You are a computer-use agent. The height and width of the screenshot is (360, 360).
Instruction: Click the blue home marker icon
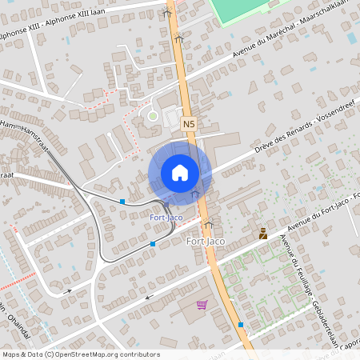pyautogui.click(x=180, y=172)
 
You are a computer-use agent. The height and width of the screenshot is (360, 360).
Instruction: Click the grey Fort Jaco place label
pyautogui.click(x=205, y=241)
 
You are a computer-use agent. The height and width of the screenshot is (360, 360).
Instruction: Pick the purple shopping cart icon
pyautogui.click(x=202, y=304)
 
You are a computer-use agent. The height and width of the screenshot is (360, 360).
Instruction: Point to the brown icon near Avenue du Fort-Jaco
pyautogui.click(x=262, y=234)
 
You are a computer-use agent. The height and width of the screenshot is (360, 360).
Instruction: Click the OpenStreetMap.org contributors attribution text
pyautogui.click(x=108, y=354)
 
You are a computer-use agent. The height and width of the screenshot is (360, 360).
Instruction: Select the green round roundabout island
pyautogui.click(x=153, y=116)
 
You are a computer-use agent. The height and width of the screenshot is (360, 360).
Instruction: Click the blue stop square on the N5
pyautogui.click(x=241, y=325)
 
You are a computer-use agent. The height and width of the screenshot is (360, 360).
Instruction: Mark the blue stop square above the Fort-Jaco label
pyautogui.click(x=122, y=202)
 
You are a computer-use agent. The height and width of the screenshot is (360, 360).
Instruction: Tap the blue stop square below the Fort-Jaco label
pyautogui.click(x=153, y=243)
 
